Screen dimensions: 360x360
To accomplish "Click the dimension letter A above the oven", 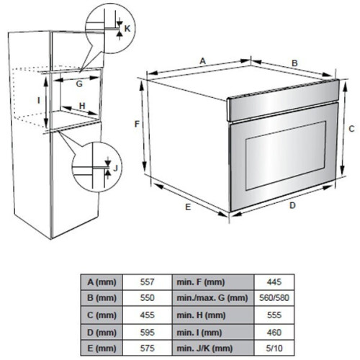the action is (x=203, y=61).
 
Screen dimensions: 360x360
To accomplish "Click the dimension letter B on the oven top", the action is (x=294, y=63).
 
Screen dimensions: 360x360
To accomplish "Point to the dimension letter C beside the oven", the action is (x=351, y=129).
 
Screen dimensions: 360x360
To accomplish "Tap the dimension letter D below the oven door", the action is (x=292, y=205).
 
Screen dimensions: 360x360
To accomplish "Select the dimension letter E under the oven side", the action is (x=188, y=207).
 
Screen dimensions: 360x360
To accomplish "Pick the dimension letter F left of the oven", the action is (x=137, y=124).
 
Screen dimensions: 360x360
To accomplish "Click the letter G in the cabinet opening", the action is (x=79, y=84).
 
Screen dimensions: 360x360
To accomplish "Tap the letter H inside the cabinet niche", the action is (x=82, y=106).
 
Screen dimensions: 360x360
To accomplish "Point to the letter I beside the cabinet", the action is (x=39, y=100).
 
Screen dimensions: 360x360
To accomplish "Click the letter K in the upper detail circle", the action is (x=127, y=29).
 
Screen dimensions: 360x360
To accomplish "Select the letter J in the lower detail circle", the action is (x=116, y=168).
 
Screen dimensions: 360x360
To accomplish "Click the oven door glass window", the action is (x=285, y=156).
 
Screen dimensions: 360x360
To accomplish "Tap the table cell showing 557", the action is (x=147, y=282).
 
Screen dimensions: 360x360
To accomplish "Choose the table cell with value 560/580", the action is (x=274, y=298).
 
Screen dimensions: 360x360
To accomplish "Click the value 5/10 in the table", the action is (x=274, y=348).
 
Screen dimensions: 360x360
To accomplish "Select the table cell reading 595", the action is (x=147, y=333).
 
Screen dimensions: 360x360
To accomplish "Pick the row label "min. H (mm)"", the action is (x=201, y=315).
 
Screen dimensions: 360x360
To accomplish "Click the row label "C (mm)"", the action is (x=102, y=315).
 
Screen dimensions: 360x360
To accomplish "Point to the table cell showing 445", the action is (x=274, y=282).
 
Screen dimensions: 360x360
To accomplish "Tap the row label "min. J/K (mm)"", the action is (x=204, y=348).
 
